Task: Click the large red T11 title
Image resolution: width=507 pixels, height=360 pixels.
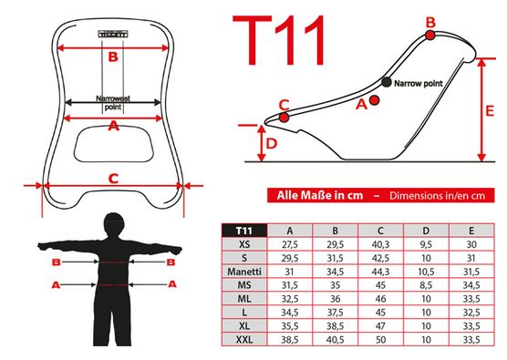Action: click(x=279, y=40)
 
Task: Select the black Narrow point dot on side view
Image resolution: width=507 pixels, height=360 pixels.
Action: click(x=386, y=82)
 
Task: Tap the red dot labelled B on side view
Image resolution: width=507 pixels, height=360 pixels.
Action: click(x=429, y=35)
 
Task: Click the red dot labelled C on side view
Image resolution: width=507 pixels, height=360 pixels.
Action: click(x=284, y=117)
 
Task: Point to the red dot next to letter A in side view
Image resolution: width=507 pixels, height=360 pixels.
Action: click(x=374, y=100)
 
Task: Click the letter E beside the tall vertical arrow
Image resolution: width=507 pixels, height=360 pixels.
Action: click(x=490, y=111)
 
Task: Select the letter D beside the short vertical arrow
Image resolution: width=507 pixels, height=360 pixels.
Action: click(x=272, y=143)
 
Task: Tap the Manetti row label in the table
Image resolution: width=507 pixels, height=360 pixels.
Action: click(x=244, y=272)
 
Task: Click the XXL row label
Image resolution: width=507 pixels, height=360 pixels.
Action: click(x=244, y=340)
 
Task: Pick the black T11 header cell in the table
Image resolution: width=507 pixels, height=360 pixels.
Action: click(x=244, y=231)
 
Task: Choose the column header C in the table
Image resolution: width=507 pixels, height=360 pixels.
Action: click(x=380, y=231)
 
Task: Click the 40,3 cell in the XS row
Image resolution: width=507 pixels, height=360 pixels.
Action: click(x=380, y=244)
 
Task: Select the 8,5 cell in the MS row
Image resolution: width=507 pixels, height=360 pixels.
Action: click(x=426, y=285)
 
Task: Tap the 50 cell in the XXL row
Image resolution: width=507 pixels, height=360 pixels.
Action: click(x=380, y=340)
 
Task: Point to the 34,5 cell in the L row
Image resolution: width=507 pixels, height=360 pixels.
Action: click(x=290, y=313)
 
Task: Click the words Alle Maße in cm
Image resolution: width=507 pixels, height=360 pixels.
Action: click(x=320, y=196)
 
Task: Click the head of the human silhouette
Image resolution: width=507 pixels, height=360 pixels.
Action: click(x=114, y=224)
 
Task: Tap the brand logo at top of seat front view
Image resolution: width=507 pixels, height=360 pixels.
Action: click(x=113, y=34)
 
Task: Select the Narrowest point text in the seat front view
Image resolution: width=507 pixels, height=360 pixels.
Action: click(x=113, y=102)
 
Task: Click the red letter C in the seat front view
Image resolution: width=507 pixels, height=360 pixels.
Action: click(x=113, y=179)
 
